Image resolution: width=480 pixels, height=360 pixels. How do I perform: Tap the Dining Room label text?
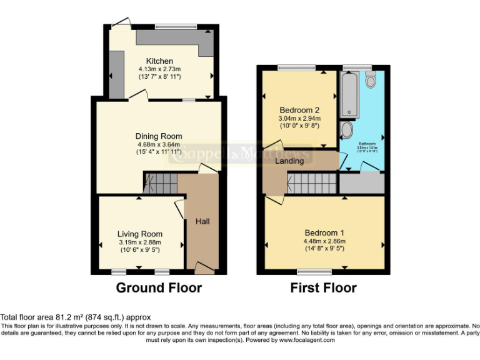tap(159, 136)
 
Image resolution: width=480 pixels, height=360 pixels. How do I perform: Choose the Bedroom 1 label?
tap(324, 232)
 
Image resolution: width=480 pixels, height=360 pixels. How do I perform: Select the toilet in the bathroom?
tap(370, 79)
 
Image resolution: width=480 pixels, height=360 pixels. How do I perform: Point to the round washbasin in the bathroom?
tap(347, 130)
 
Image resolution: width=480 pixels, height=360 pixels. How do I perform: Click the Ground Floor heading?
tap(159, 288)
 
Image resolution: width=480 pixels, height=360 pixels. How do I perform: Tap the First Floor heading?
tap(323, 288)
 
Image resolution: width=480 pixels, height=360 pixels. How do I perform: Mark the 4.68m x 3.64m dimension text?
tap(159, 144)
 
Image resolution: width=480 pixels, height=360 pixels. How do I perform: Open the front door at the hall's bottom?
tap(202, 268)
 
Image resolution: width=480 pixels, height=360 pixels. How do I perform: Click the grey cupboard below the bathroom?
tap(361, 182)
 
